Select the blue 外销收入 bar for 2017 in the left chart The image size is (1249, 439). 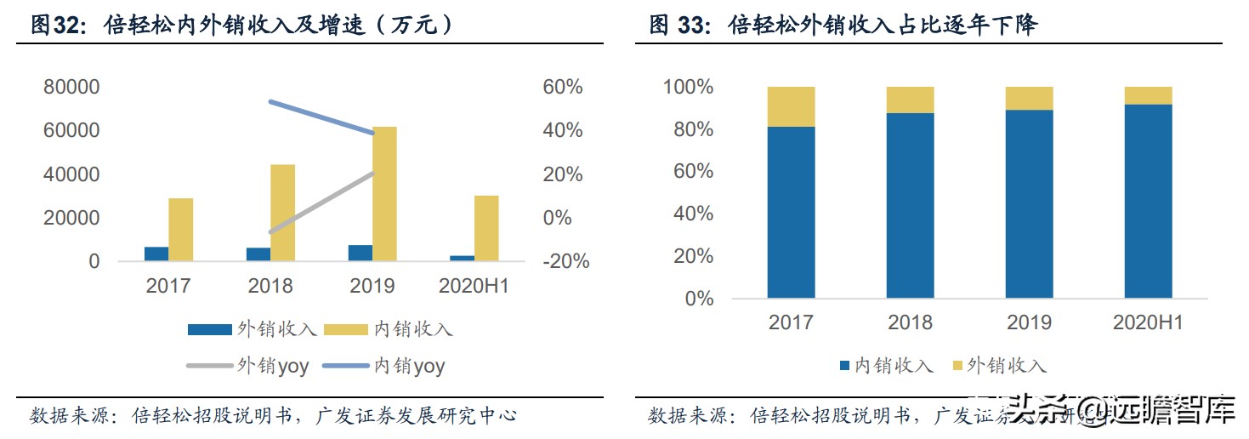[156, 254]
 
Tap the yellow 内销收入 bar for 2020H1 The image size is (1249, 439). [486, 228]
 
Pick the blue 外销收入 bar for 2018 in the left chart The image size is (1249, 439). [258, 254]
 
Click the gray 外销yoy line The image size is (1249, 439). [323, 202]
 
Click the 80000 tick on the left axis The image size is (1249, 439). [71, 88]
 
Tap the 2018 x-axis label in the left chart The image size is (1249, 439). [270, 286]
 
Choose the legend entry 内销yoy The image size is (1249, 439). [409, 367]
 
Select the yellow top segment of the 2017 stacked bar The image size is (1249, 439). [791, 106]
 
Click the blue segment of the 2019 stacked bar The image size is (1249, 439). [1029, 204]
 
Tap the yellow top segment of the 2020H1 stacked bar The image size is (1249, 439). [1148, 95]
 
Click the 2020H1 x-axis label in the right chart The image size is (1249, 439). [1148, 323]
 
